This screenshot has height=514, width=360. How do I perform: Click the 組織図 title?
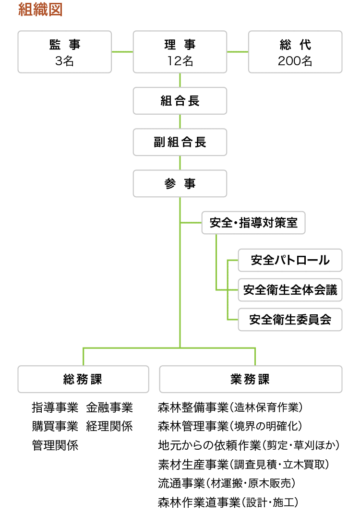(x=40, y=9)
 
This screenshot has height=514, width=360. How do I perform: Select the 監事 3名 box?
(x=65, y=52)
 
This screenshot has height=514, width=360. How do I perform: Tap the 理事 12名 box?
(x=180, y=52)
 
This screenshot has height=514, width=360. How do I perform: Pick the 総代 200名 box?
(x=295, y=52)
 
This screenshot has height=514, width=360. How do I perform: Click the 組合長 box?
(x=180, y=101)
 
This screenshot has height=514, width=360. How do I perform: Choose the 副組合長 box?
(x=180, y=142)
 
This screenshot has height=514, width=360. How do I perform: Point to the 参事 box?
(x=180, y=183)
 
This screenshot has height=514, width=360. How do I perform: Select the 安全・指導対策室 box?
(x=253, y=223)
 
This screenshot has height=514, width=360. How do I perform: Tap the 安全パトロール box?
(x=290, y=260)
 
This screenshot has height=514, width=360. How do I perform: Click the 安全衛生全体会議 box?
(x=290, y=290)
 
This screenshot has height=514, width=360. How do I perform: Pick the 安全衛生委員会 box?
(x=290, y=319)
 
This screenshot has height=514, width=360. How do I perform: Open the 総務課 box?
(x=83, y=379)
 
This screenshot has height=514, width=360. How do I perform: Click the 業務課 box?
(x=251, y=379)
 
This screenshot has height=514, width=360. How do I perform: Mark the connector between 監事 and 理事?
(x=122, y=52)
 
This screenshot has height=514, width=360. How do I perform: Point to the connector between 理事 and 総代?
(x=238, y=52)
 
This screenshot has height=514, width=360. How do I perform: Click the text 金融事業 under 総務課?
(x=109, y=407)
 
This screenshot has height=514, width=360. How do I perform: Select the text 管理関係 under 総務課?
(x=55, y=445)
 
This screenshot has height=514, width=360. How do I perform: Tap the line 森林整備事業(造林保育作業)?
(x=230, y=407)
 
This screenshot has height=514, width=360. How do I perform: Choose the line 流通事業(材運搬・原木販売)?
(x=227, y=483)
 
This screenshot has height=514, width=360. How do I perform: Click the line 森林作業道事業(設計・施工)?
(x=228, y=502)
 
